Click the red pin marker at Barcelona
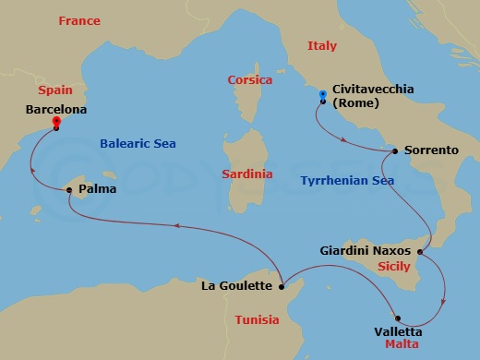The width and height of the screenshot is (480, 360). [56, 122]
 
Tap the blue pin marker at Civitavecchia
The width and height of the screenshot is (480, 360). [322, 95]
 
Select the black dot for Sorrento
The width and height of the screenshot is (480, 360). [395, 150]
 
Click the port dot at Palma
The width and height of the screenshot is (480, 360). [69, 190]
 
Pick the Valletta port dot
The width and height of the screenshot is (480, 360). [398, 318]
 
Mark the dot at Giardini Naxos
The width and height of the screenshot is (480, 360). [420, 251]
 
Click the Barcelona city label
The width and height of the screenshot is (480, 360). [57, 109]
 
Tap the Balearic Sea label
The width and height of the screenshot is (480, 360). [137, 143]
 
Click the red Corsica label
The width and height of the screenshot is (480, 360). [250, 80]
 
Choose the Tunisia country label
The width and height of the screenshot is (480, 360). [257, 320]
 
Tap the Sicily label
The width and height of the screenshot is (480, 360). [394, 266]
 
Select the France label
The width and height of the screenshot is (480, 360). [79, 20]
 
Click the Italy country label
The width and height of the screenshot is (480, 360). [322, 45]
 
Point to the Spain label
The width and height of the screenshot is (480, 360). [54, 90]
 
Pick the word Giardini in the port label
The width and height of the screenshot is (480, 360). [345, 250]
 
